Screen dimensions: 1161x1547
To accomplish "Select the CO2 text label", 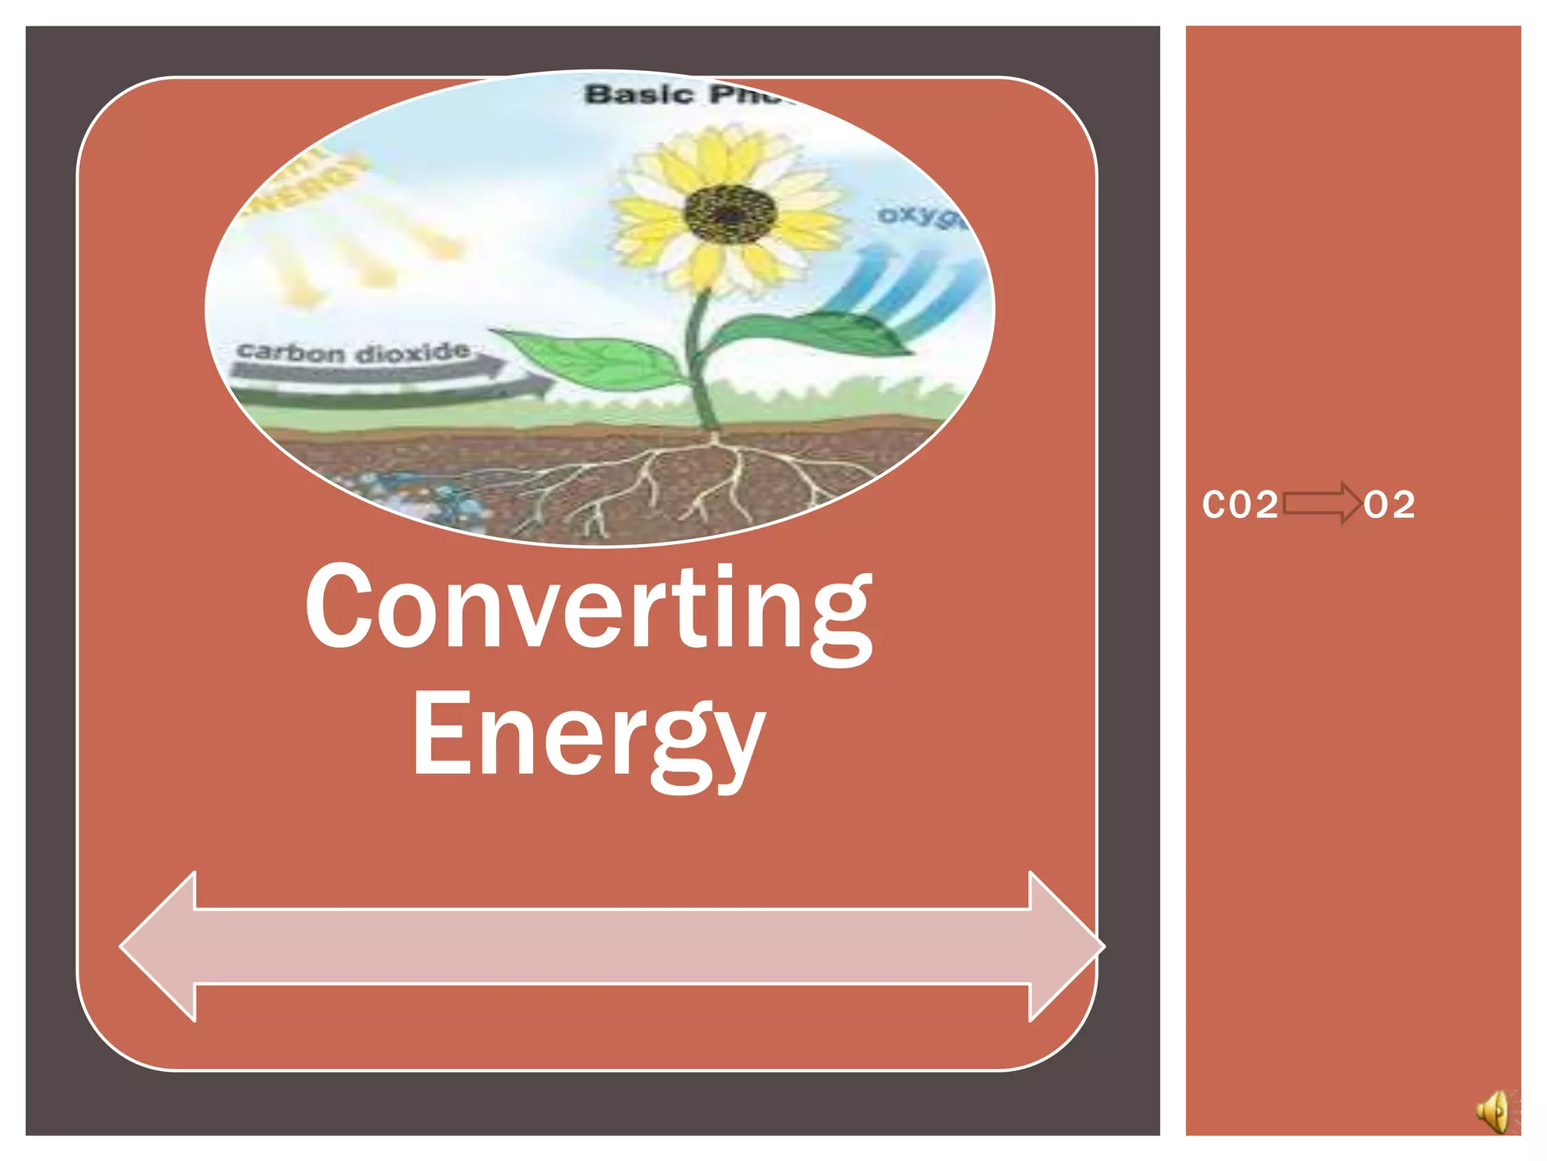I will [1240, 505].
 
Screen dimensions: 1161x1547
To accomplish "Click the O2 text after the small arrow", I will [1389, 505].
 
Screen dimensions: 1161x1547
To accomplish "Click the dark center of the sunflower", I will [730, 214].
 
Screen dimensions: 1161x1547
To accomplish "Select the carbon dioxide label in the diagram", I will [354, 352].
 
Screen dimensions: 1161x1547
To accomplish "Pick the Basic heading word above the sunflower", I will [639, 94].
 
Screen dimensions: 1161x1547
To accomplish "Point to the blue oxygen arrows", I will [906, 287].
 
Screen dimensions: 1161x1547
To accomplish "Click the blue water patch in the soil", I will [423, 495].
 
